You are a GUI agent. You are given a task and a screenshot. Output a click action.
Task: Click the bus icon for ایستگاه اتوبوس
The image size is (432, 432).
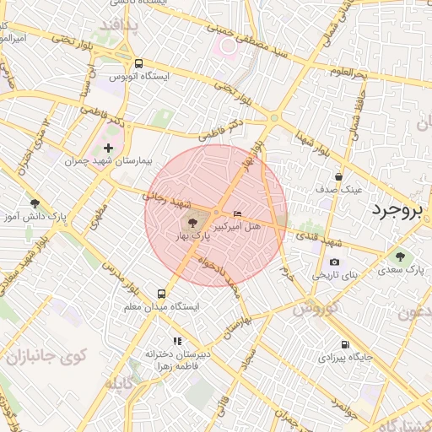(138, 63)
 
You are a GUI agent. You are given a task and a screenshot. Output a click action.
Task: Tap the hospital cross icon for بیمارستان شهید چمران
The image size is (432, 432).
(108, 148)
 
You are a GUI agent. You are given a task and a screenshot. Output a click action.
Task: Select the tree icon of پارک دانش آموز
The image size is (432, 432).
(35, 203)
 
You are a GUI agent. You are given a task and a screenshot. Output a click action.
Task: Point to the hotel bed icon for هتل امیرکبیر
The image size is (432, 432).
(237, 213)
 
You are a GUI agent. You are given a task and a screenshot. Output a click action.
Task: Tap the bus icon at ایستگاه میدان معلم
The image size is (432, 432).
(161, 293)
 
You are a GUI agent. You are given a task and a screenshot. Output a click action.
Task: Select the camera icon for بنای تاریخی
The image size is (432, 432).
(335, 262)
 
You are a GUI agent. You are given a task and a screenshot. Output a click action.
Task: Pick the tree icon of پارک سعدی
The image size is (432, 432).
(400, 256)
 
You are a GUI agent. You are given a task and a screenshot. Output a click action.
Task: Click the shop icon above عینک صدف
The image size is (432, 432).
(338, 176)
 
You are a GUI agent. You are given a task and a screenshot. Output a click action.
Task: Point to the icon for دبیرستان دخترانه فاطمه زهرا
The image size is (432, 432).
(177, 341)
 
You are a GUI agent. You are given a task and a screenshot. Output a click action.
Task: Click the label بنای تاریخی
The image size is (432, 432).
(336, 276)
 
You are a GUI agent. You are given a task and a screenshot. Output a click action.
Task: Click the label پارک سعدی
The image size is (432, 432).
(400, 270)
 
